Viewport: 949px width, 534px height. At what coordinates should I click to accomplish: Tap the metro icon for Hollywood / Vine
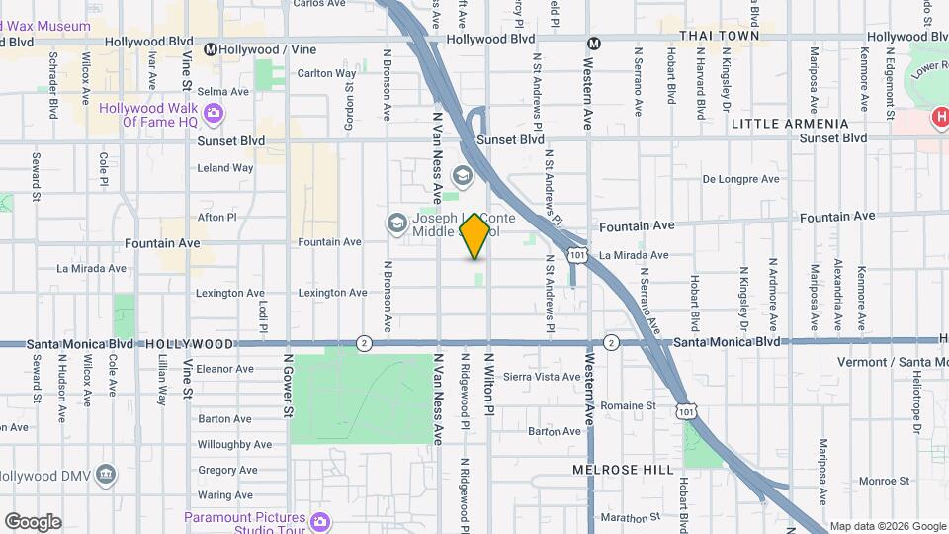[211, 48]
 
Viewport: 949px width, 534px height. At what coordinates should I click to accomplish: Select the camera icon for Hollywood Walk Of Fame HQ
[213, 115]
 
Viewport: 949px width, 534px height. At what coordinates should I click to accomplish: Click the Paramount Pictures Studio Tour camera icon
[318, 521]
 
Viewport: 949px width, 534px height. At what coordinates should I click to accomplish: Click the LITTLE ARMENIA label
[790, 124]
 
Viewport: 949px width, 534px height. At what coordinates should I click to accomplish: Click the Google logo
[32, 522]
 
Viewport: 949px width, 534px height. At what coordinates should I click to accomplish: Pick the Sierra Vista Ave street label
[542, 377]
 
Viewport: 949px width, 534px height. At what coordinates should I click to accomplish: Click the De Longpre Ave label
[741, 179]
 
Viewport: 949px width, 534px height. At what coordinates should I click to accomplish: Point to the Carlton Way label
[326, 73]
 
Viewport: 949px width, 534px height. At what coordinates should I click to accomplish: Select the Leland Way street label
[225, 168]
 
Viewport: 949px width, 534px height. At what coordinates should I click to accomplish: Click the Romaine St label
[629, 405]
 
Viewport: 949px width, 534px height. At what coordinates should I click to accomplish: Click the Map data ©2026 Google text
[888, 526]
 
